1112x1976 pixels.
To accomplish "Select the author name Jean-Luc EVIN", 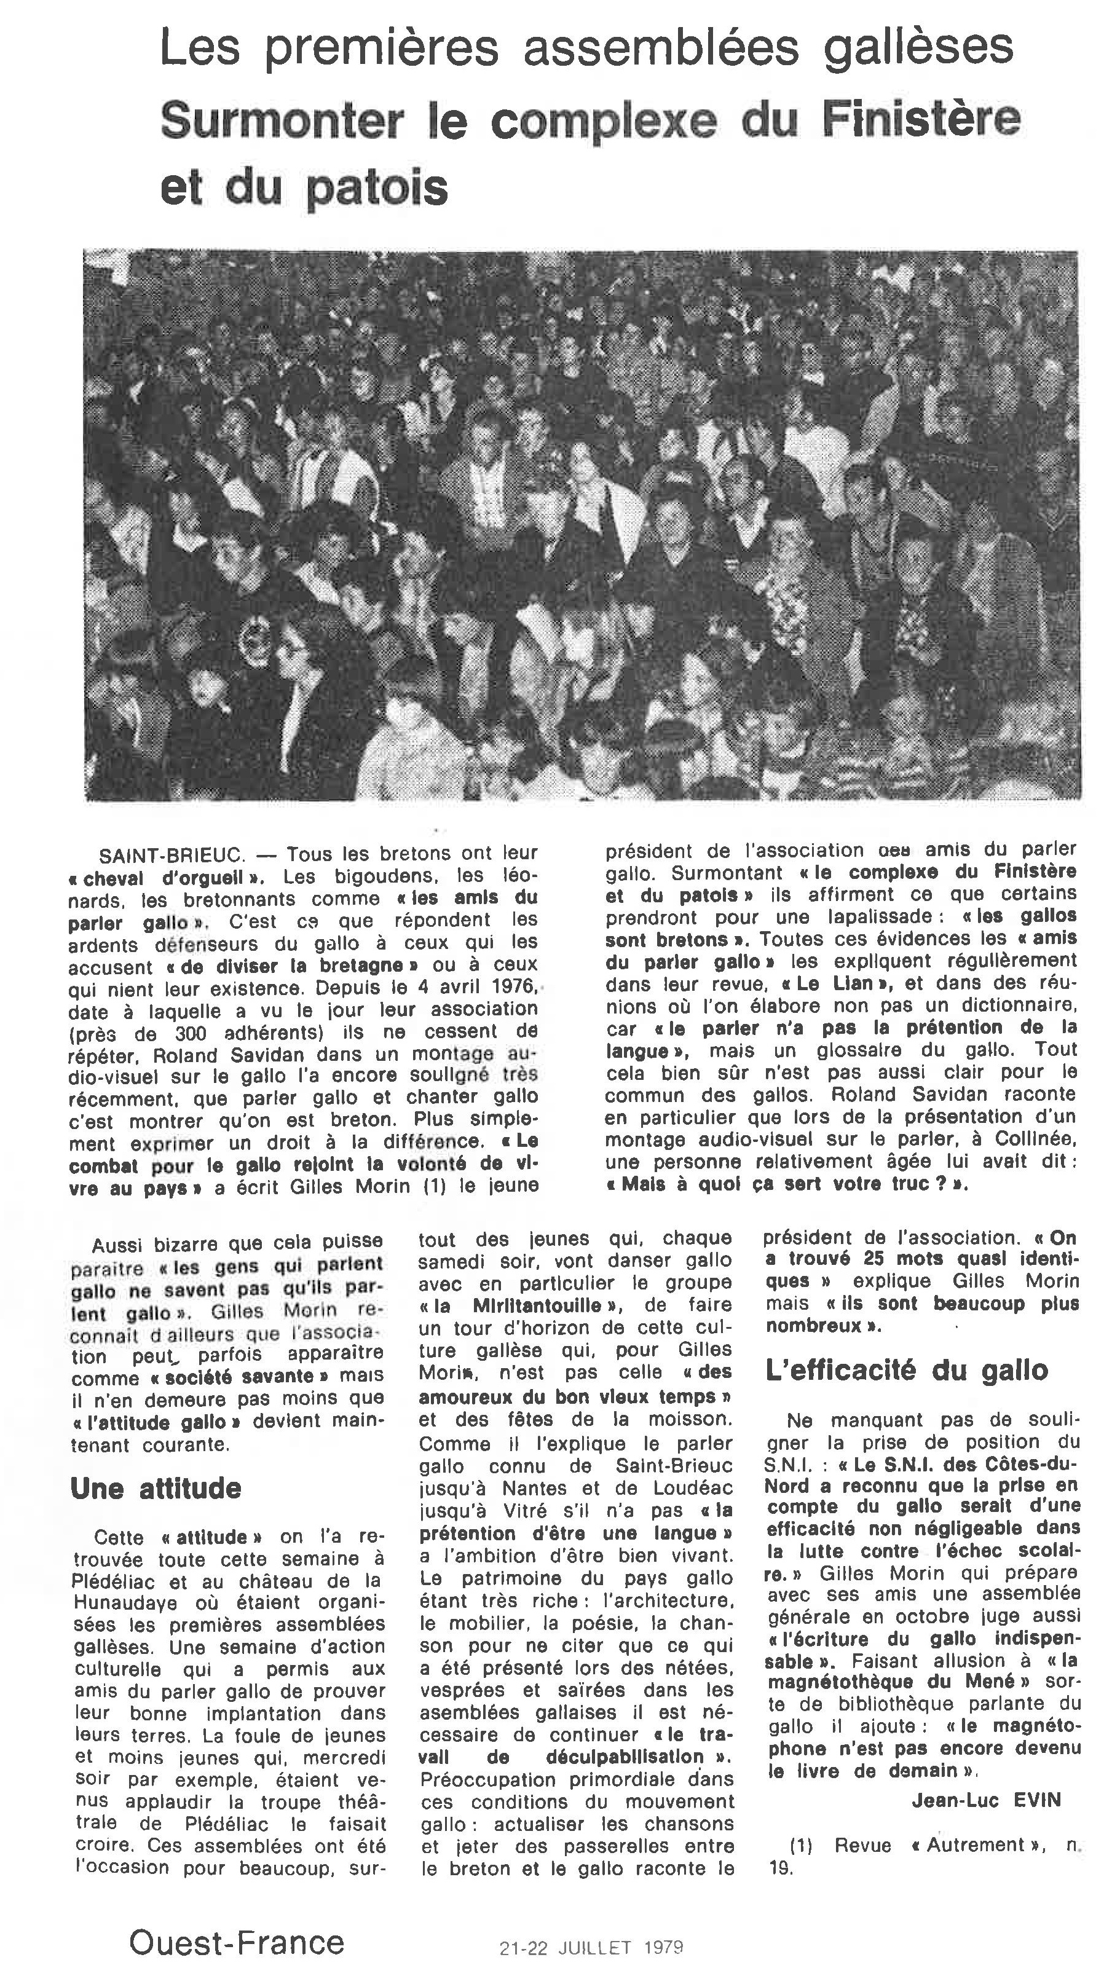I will [x=986, y=1800].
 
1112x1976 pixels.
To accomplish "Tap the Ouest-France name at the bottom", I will [x=237, y=1942].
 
